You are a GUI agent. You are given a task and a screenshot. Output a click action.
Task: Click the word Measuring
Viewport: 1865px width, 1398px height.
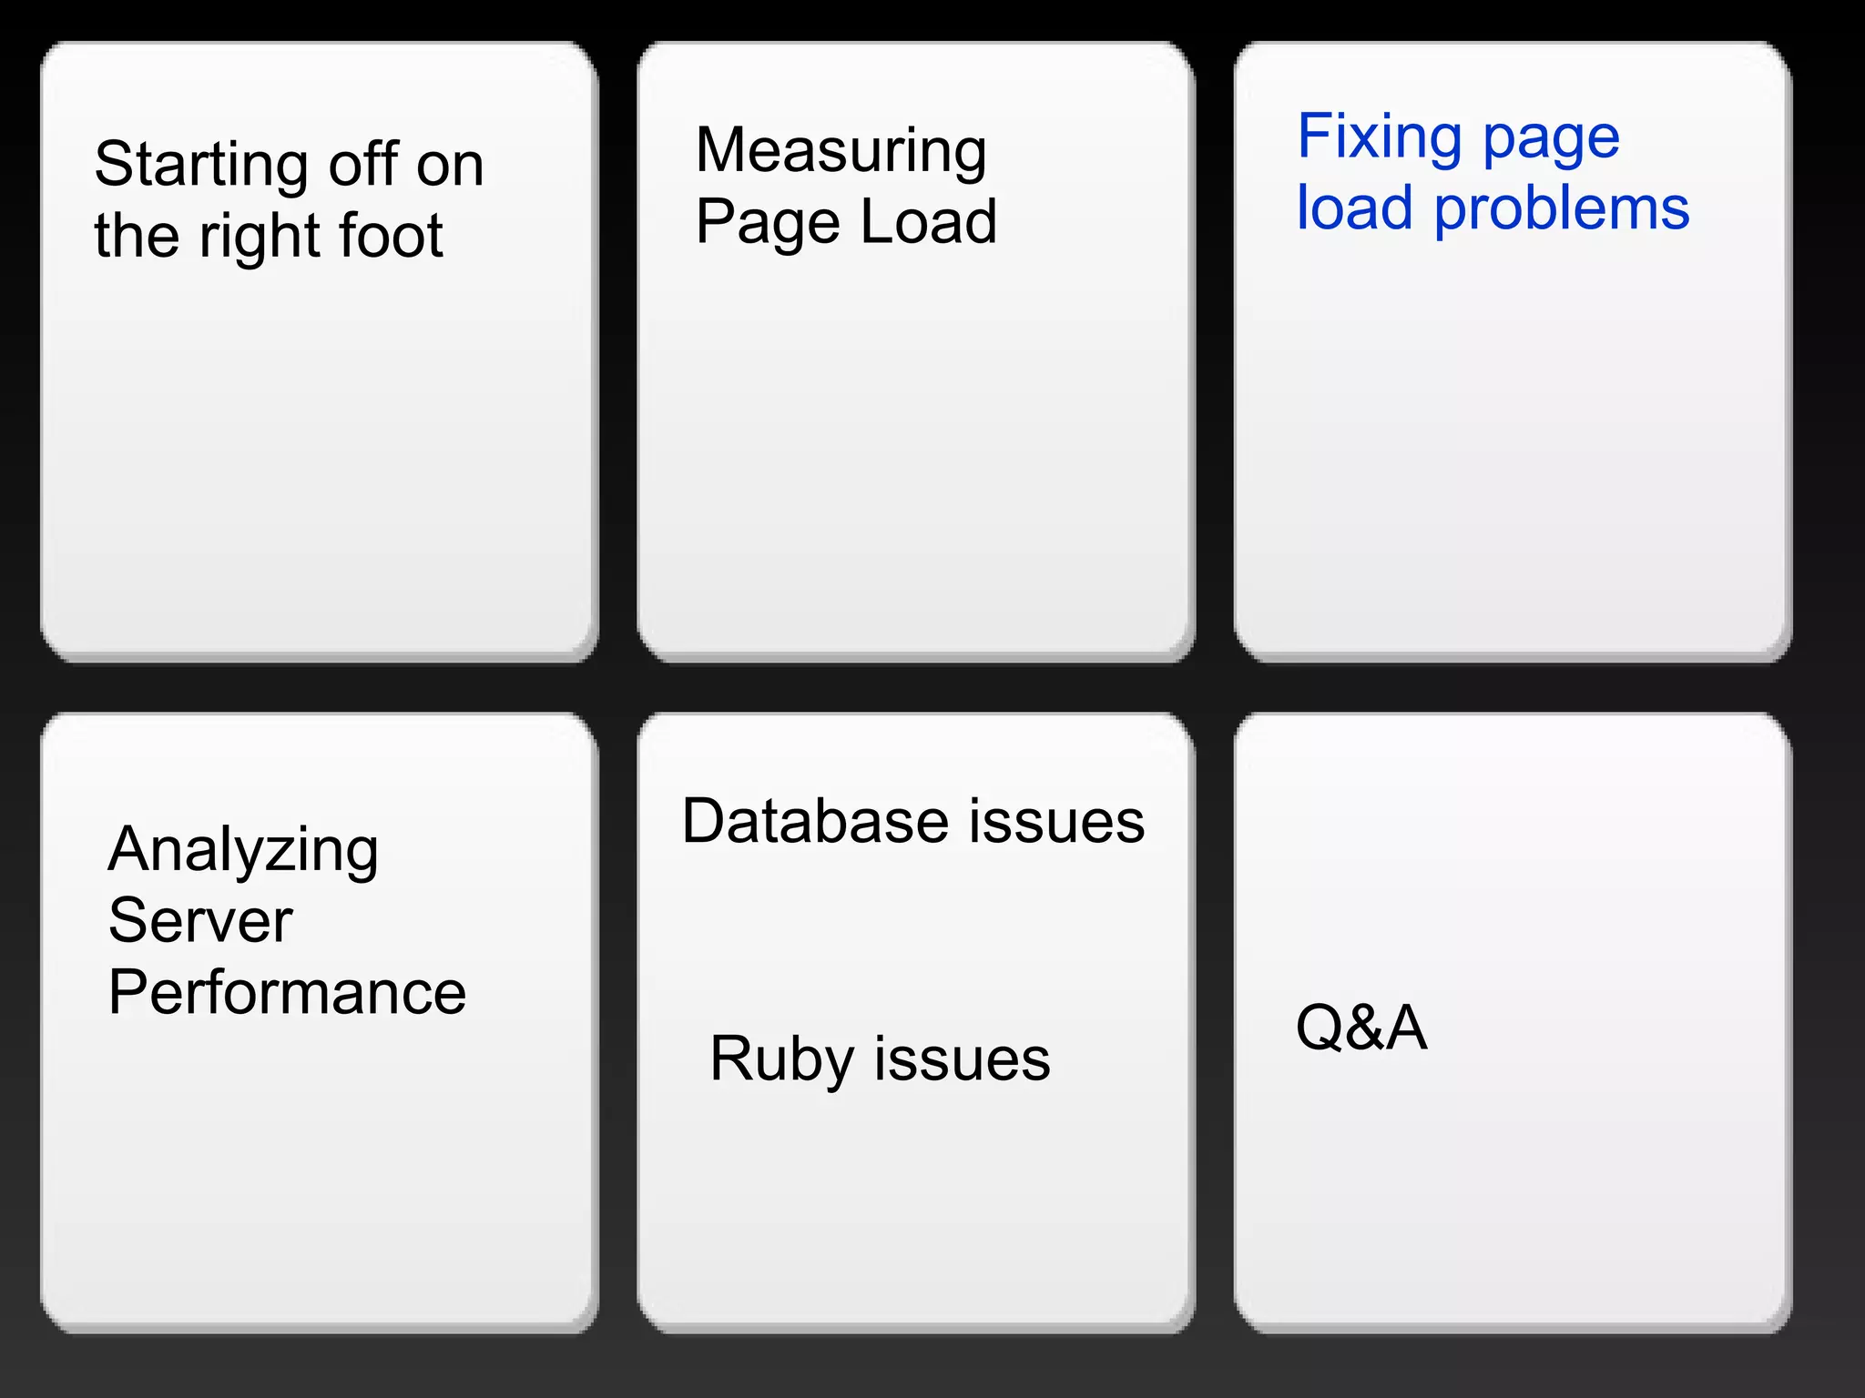click(x=841, y=151)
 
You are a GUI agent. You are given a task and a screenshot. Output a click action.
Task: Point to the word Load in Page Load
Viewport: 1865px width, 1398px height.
click(x=928, y=222)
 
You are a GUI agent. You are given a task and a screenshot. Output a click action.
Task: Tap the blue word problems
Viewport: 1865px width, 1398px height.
click(x=1562, y=209)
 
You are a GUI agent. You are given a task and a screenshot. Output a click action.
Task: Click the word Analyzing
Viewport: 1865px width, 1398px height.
click(x=242, y=850)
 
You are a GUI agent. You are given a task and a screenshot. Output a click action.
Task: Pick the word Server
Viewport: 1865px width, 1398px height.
click(x=200, y=920)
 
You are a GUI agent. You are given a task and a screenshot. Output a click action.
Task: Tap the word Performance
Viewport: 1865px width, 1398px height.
click(x=287, y=992)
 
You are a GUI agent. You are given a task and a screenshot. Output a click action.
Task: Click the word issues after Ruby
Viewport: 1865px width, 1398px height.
click(x=963, y=1059)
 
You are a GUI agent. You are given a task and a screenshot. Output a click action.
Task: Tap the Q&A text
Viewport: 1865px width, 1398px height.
click(x=1361, y=1028)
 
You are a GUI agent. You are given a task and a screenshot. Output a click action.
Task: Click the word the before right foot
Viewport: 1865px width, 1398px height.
click(x=137, y=236)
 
